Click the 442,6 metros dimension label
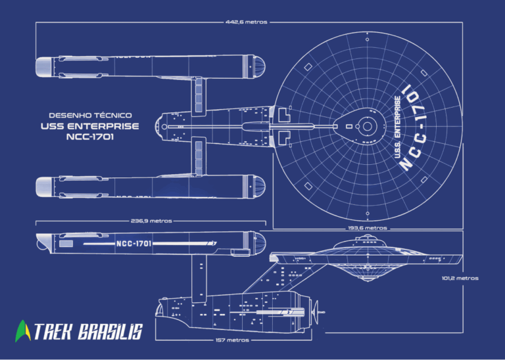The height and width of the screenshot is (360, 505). [x=247, y=22]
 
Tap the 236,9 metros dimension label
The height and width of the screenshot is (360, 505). [x=151, y=221]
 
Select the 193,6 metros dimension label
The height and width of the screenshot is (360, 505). [x=367, y=228]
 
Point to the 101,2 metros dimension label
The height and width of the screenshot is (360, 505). [x=460, y=278]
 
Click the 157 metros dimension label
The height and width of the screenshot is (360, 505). [x=232, y=340]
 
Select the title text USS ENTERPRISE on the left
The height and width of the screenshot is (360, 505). [x=91, y=126]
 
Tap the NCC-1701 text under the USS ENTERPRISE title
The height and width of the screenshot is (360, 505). [x=91, y=137]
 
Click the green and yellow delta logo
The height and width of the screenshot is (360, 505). [x=23, y=330]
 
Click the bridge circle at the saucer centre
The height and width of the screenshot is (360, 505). [x=368, y=125]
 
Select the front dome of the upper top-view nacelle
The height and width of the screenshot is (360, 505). [x=259, y=66]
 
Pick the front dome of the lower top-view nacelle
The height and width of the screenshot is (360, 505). [x=259, y=187]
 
